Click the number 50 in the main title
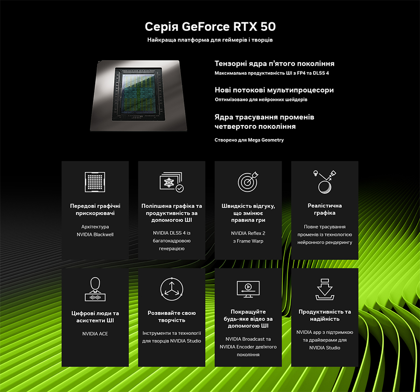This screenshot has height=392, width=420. [x=268, y=27]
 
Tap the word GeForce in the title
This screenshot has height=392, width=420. [x=206, y=27]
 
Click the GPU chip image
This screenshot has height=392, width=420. [x=139, y=96]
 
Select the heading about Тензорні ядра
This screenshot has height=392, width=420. [x=274, y=63]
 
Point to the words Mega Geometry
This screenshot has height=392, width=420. [x=266, y=140]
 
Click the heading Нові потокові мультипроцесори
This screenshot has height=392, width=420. [x=274, y=90]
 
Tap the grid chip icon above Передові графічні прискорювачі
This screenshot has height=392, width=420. [x=95, y=182]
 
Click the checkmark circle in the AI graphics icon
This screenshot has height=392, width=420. [x=180, y=189]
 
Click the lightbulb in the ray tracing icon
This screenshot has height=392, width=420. [x=316, y=173]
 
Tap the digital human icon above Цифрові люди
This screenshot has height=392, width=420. [x=95, y=289]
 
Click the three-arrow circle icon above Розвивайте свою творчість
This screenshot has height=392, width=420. [x=172, y=289]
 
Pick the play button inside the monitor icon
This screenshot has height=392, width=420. [x=248, y=287]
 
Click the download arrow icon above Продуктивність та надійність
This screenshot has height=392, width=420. [x=325, y=289]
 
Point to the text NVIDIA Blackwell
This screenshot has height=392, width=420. [x=95, y=234]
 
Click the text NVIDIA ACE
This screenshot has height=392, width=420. [x=95, y=334]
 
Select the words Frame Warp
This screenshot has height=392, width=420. [x=250, y=241]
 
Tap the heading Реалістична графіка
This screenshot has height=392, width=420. [x=325, y=209]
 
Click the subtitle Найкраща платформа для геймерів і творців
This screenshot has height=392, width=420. [x=210, y=40]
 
